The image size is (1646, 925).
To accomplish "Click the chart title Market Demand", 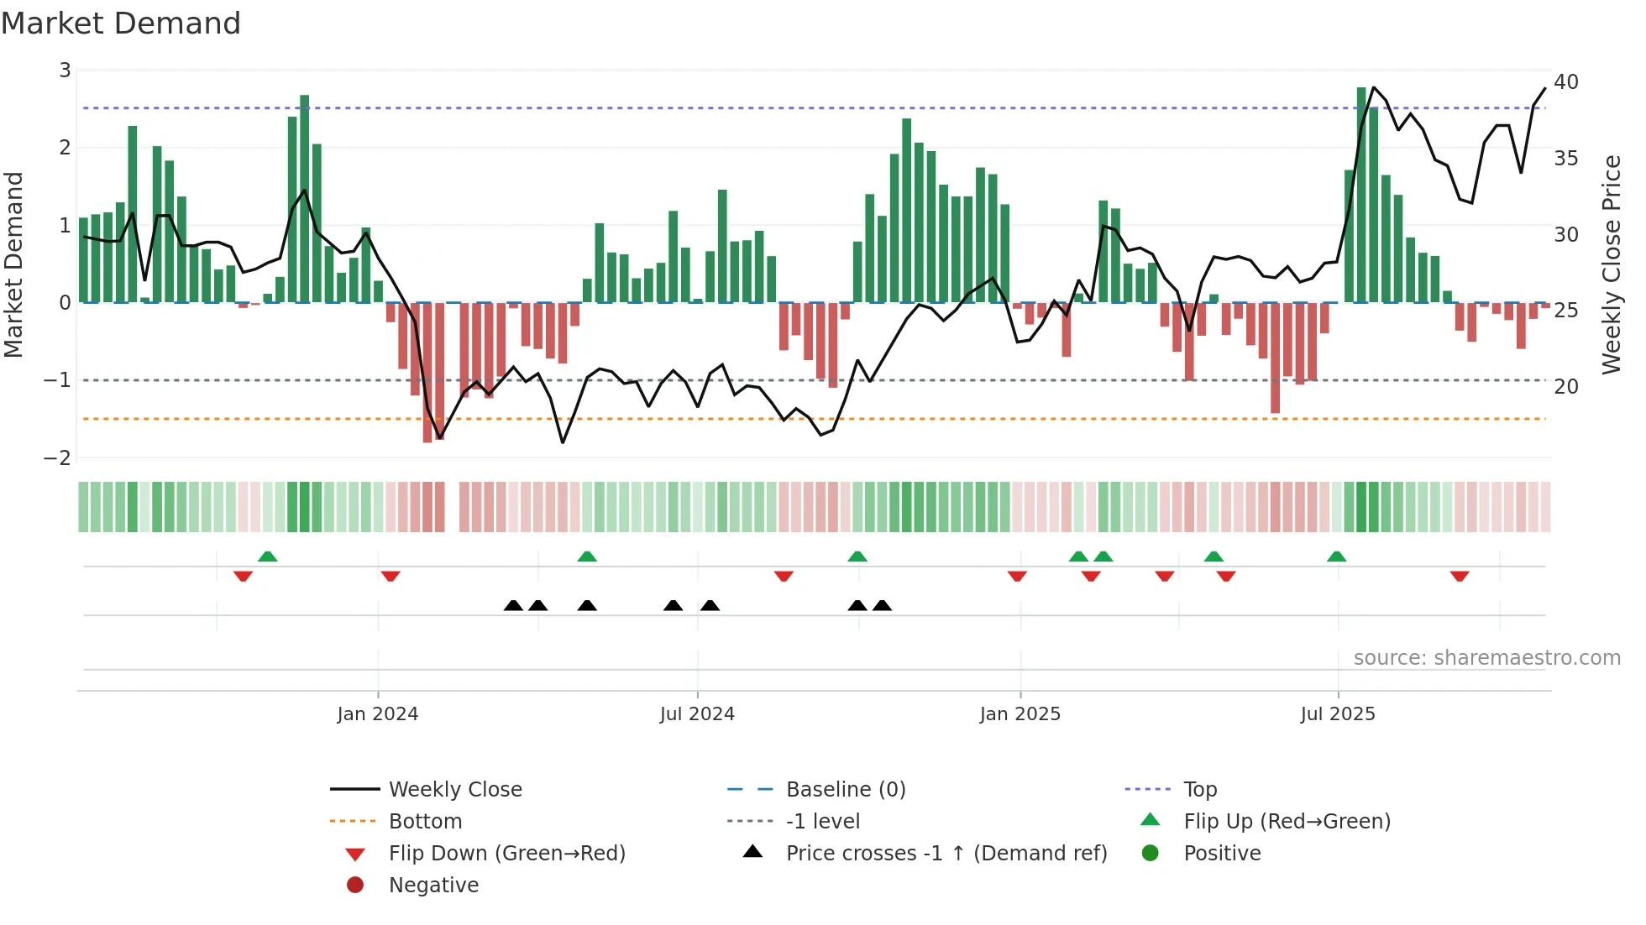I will [121, 24].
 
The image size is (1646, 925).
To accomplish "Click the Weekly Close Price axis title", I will [1611, 264].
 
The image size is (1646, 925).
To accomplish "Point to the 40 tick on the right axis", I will [1565, 82].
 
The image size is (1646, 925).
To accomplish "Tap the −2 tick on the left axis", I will [57, 457].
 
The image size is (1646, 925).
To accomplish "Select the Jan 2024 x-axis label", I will [377, 714].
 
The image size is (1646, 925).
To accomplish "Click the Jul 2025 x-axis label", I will [1337, 714].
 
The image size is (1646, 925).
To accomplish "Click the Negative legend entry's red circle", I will [355, 886].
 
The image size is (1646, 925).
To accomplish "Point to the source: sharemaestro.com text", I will [1486, 658].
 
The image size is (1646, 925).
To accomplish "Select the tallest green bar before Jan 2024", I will [304, 198].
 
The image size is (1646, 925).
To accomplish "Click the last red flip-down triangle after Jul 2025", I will [1459, 576].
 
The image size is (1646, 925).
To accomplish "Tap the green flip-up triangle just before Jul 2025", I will [1336, 557].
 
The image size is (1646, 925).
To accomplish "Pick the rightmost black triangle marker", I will [882, 605].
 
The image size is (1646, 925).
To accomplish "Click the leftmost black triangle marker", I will [513, 605].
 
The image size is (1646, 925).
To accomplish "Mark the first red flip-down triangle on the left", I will [243, 576].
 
